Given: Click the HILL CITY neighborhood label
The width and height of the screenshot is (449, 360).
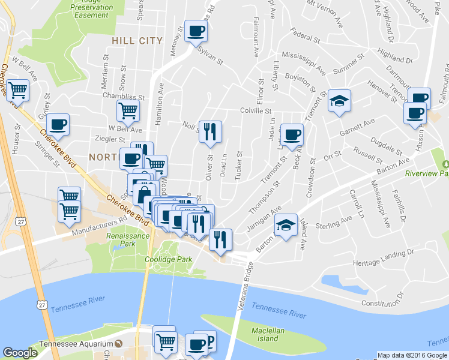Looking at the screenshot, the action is pos(137,40).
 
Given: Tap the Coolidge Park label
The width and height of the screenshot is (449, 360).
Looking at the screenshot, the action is pos(168,259).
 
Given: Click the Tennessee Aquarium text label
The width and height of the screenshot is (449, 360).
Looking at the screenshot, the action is pos(76,344).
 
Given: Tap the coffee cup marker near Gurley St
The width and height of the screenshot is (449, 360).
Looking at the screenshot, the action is pos(58,124).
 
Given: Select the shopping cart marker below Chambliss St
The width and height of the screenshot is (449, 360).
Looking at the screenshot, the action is pos(128,110).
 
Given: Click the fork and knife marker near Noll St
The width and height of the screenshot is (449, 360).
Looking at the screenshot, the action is pos(210,131).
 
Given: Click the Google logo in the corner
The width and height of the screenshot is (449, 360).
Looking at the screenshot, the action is pos(20,353).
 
